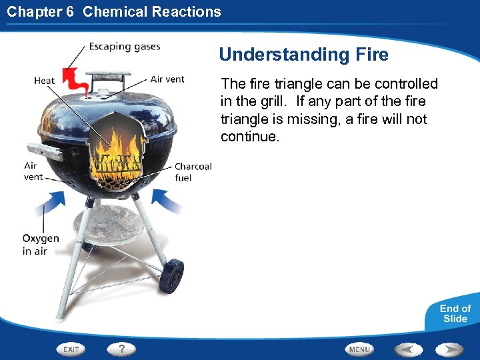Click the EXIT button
tap(71, 349)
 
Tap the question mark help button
tap(122, 348)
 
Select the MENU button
tap(359, 349)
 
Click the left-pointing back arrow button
tap(409, 349)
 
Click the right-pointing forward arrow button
tap(450, 349)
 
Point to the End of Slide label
tap(455, 313)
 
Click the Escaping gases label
tap(125, 47)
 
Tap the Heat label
tap(45, 81)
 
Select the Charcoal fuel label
tap(193, 172)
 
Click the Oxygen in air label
tap(40, 245)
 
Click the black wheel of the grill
tap(173, 275)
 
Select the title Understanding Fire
tap(303, 55)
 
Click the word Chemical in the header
tap(113, 11)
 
